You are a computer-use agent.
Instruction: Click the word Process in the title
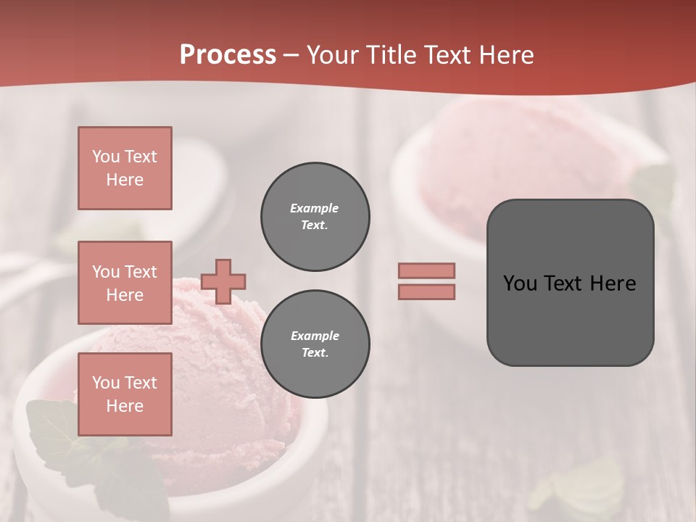coord(228,54)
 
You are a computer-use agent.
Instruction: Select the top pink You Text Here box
coord(125,168)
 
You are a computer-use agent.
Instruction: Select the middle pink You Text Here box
coord(125,283)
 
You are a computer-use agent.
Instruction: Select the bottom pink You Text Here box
coord(125,394)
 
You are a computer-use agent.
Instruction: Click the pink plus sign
coord(223,281)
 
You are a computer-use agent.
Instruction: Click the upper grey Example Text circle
coord(315,217)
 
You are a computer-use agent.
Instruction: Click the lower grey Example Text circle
coord(315,344)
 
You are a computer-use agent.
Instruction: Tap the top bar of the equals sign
coord(426,270)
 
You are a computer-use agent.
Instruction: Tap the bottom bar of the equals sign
coord(426,291)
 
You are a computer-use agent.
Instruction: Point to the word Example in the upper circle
coord(314,208)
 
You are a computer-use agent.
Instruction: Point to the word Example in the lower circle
coord(315,336)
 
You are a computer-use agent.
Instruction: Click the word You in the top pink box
coord(105,157)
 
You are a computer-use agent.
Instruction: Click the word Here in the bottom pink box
coord(125,406)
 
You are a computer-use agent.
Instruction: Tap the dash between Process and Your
coord(291,55)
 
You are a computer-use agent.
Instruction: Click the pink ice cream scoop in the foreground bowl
coord(217,362)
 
